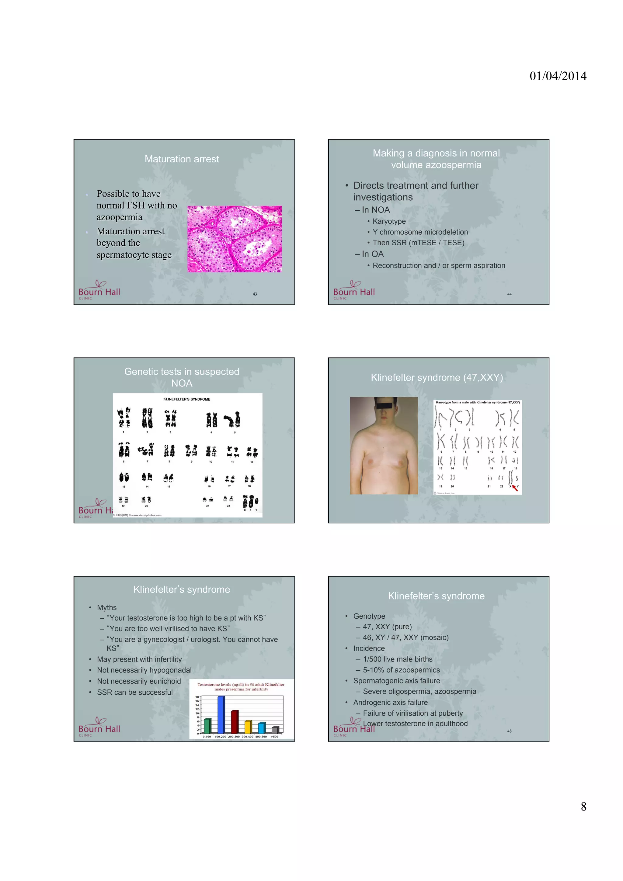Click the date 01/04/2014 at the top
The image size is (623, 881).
[x=558, y=76]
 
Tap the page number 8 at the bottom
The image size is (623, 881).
[x=583, y=807]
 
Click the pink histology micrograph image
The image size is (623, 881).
[x=235, y=239]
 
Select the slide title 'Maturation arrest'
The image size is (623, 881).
[x=182, y=159]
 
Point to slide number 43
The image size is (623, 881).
[x=255, y=294]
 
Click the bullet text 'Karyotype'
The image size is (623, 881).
[x=389, y=221]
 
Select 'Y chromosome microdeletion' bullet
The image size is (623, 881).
[x=420, y=232]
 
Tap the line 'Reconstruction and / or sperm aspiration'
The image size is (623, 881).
[x=438, y=265]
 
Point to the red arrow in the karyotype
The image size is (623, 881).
[x=515, y=488]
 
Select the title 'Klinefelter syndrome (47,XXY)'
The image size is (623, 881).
[x=437, y=378]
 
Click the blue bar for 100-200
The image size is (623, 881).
[x=221, y=714]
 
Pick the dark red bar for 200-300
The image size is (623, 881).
[x=235, y=722]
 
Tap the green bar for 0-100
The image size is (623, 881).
[x=207, y=726]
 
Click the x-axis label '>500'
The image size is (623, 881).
[x=274, y=737]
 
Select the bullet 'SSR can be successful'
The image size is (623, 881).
[x=135, y=692]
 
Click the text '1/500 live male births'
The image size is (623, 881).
[x=397, y=659]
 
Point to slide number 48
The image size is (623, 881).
[x=509, y=731]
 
